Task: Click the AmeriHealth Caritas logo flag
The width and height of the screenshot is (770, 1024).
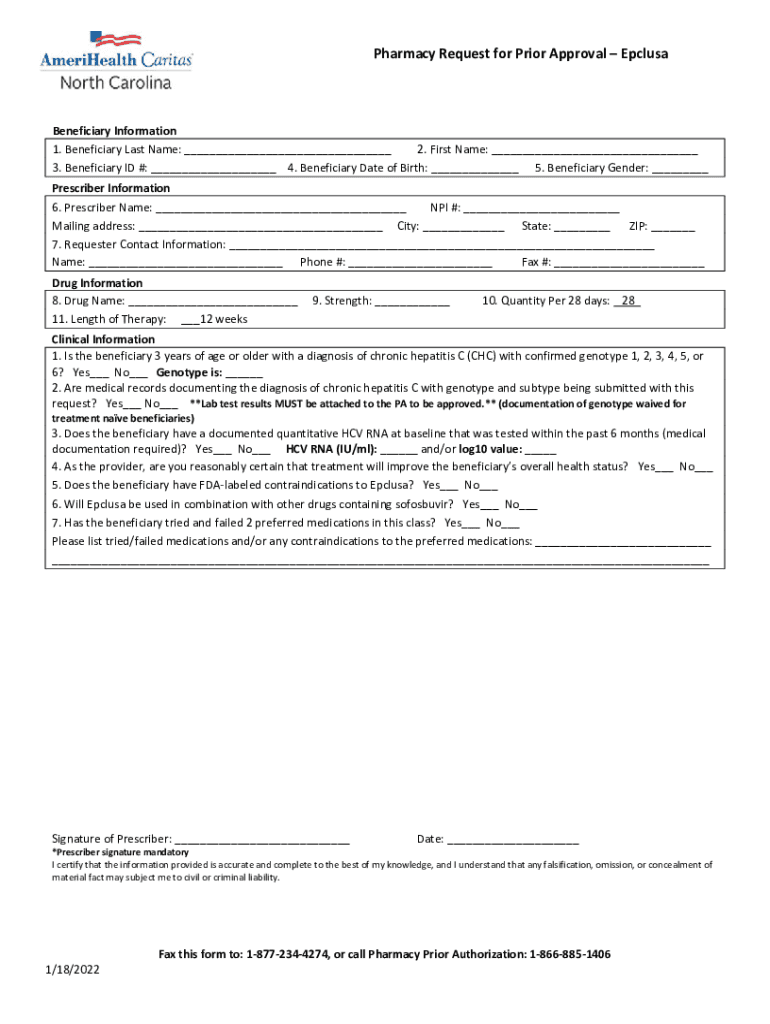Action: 115,40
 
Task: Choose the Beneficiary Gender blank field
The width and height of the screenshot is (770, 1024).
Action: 680,169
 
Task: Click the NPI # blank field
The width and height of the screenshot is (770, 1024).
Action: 541,209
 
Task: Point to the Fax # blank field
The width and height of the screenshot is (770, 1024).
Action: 629,263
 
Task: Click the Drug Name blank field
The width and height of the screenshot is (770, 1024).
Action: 213,301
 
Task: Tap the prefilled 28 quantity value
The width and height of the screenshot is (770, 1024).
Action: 628,300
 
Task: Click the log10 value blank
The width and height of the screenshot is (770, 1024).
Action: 540,450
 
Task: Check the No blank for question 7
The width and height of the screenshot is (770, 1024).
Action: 511,523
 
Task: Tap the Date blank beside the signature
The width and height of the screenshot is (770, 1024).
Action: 513,840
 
